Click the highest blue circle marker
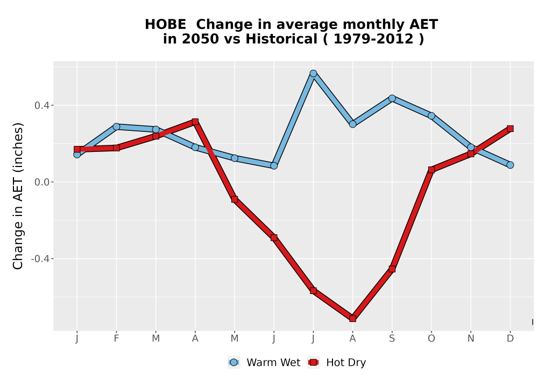(313, 73)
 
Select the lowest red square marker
(353, 318)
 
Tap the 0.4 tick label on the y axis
(41, 106)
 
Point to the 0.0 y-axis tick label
(41, 182)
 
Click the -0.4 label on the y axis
(40, 259)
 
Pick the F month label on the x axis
(116, 339)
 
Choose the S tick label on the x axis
(392, 339)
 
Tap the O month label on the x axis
(431, 339)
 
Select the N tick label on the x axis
(471, 339)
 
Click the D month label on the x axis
(510, 339)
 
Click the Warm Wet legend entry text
(273, 362)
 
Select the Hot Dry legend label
(346, 362)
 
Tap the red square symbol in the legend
(313, 362)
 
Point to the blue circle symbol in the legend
(233, 362)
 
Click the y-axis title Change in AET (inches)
(18, 196)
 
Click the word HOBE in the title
(165, 25)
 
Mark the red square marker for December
(510, 129)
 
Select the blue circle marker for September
(392, 99)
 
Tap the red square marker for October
(431, 170)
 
